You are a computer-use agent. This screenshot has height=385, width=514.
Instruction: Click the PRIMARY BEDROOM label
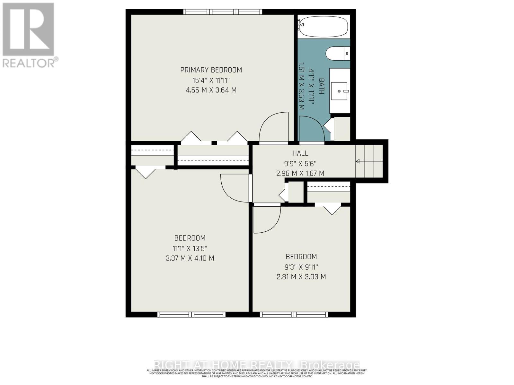click(211, 70)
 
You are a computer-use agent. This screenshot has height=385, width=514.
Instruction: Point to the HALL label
click(300, 153)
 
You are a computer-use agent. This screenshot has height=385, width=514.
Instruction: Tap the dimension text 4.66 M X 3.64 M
click(211, 90)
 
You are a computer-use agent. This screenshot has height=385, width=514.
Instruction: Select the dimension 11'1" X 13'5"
click(190, 248)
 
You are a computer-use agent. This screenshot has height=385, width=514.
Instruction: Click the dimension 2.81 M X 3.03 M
click(301, 277)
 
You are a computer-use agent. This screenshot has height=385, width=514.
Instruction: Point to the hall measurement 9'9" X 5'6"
click(300, 163)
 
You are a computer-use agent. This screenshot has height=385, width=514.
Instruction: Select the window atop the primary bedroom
click(223, 12)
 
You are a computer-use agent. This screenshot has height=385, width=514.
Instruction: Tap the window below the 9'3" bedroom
click(294, 314)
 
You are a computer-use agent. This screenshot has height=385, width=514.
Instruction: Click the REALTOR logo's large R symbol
click(28, 30)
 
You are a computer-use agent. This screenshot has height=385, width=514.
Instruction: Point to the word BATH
click(321, 86)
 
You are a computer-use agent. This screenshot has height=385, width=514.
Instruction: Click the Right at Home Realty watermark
click(257, 365)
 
